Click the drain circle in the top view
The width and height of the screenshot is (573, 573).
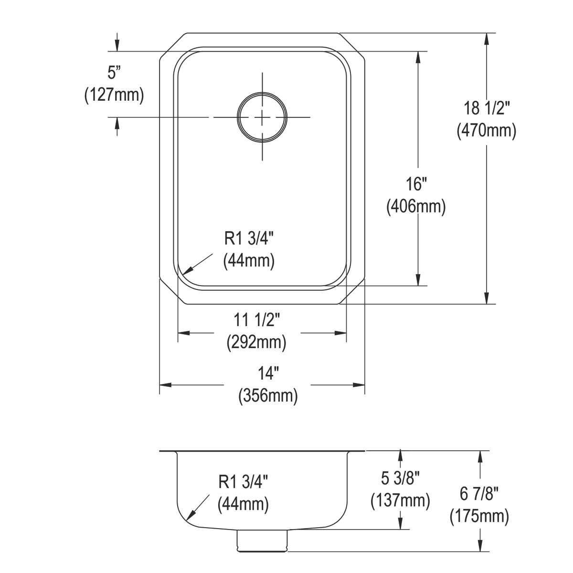[262, 117]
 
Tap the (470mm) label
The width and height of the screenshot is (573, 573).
[487, 130]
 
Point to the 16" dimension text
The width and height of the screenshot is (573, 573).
[415, 184]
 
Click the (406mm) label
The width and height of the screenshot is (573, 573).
[415, 206]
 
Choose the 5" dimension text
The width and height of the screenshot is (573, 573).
[113, 73]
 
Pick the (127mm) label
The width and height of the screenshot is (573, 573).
[114, 95]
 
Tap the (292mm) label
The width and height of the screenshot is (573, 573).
[256, 341]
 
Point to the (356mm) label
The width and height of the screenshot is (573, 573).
[268, 395]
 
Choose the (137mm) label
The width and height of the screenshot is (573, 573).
[400, 500]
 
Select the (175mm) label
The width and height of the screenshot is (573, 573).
[479, 516]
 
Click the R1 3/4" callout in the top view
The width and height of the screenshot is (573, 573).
[249, 239]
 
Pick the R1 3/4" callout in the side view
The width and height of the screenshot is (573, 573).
[243, 482]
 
